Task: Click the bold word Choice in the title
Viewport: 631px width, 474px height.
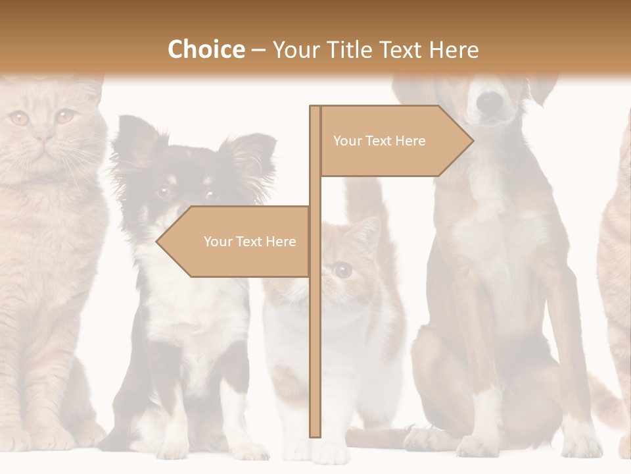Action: coord(206,49)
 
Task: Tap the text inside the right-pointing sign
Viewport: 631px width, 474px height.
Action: coord(379,141)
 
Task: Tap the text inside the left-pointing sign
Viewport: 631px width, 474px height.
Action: coord(250,242)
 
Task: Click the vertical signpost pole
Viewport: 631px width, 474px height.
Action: coord(315,329)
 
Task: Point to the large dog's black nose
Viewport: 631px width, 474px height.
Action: coord(489,101)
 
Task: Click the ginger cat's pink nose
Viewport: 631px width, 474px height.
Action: coord(43,138)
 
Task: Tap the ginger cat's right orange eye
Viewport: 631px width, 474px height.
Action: coord(64,117)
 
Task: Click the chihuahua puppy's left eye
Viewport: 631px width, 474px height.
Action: coord(163,191)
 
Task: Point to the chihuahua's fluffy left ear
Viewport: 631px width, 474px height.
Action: coord(135,135)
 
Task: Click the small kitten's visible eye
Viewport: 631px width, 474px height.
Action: coord(342,269)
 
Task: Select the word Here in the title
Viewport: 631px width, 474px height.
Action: coord(453,50)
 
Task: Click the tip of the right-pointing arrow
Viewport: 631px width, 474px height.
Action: coord(471,141)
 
